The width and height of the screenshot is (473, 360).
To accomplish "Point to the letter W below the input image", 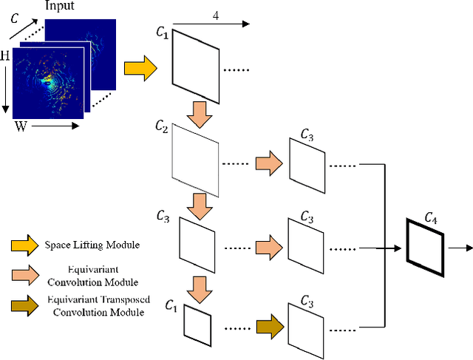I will [22, 127].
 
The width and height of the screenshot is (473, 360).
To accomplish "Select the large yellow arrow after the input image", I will [140, 69].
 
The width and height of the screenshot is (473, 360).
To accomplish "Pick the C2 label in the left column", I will [163, 128].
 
